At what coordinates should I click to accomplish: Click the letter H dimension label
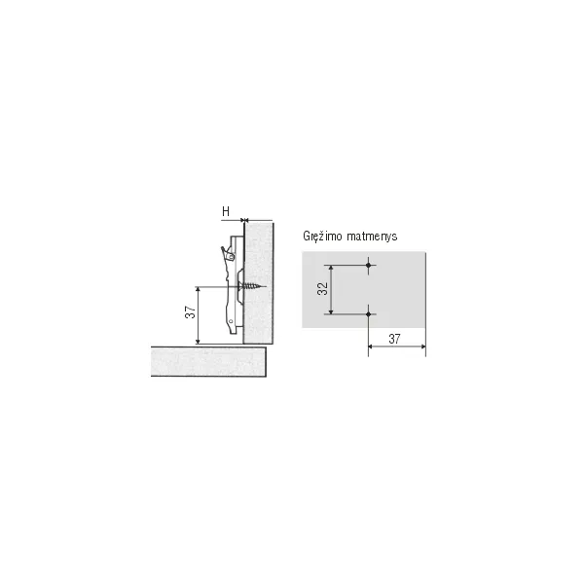tap(226, 211)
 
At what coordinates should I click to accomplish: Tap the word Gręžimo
tap(322, 237)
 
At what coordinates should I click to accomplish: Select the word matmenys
tap(372, 237)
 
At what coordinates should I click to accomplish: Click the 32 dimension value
tap(322, 289)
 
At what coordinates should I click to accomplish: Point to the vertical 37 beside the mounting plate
tap(190, 312)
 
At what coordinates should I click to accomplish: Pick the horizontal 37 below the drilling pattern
tap(394, 339)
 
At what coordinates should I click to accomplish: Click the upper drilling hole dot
tap(368, 265)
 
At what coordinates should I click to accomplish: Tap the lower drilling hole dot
tap(368, 314)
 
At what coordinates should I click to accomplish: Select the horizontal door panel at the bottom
tap(208, 361)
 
